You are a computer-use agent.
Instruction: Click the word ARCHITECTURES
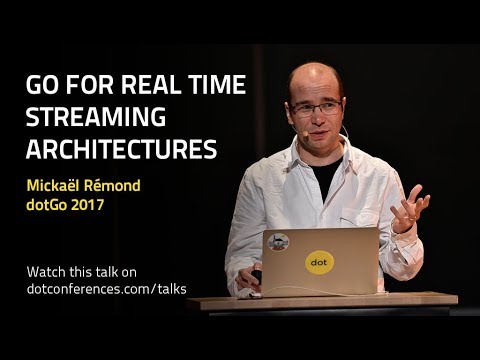(x=121, y=149)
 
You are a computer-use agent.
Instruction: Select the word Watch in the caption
(x=48, y=271)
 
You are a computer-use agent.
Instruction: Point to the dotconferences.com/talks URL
(x=106, y=289)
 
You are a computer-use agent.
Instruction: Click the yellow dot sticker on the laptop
(x=318, y=263)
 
